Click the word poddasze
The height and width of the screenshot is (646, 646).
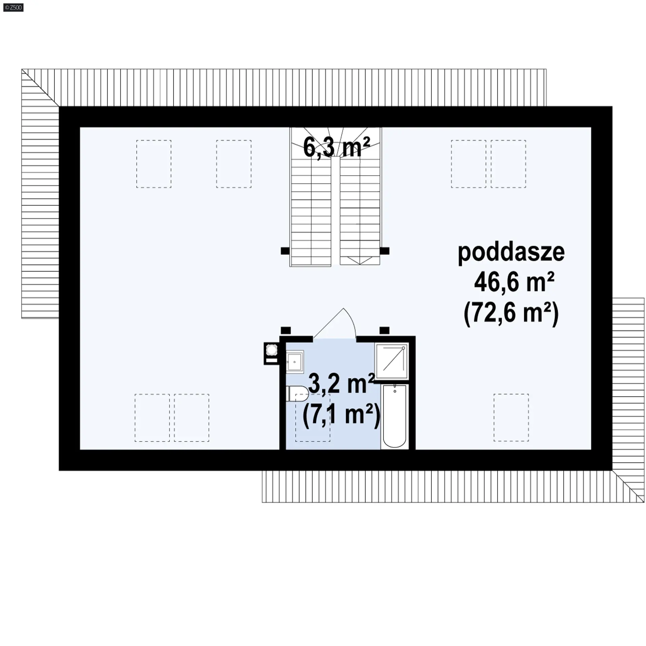[x=511, y=253]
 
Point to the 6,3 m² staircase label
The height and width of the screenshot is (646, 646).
[x=336, y=147]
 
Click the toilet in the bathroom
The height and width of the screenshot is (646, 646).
[x=297, y=393]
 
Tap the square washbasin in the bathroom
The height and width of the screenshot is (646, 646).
[x=295, y=361]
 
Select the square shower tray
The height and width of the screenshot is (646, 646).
[x=392, y=361]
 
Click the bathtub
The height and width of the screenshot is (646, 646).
[x=395, y=417]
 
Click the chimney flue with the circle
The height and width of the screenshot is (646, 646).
[x=272, y=353]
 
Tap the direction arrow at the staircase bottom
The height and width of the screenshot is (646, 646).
[x=360, y=260]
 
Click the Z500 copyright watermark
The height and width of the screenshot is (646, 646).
[x=13, y=7]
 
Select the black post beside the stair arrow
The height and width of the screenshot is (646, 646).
[x=385, y=251]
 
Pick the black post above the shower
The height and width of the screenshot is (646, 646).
[x=385, y=330]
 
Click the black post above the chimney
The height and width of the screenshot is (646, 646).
[x=286, y=330]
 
